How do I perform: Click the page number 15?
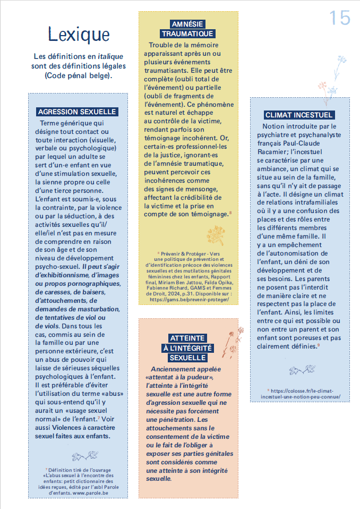pos(340,18)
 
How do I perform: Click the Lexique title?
pos(79,34)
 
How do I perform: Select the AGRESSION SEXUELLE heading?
pos(78,112)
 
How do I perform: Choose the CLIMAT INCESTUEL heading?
pos(299,115)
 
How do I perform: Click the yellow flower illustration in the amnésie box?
pos(216,234)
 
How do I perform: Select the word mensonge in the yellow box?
pos(197,189)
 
